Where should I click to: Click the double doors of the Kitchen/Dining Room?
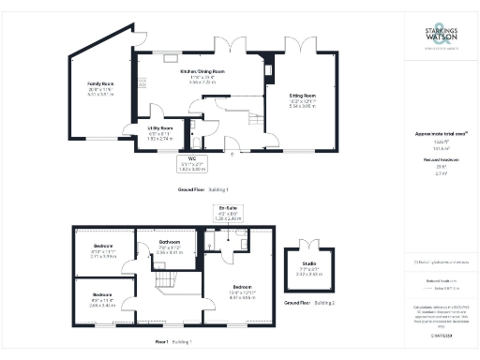[x=227, y=47]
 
